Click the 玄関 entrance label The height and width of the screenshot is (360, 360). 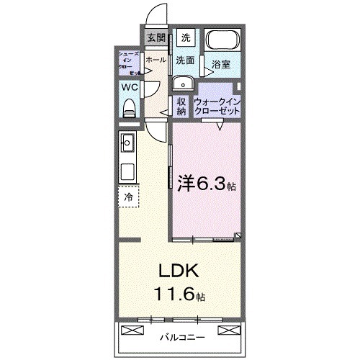tap(156, 38)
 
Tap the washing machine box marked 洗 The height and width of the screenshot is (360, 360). tap(186, 38)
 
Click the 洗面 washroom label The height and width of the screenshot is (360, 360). tap(186, 60)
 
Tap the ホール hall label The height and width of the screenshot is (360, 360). tap(155, 60)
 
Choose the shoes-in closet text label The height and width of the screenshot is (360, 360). tap(130, 63)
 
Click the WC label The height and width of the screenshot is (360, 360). tap(130, 89)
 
